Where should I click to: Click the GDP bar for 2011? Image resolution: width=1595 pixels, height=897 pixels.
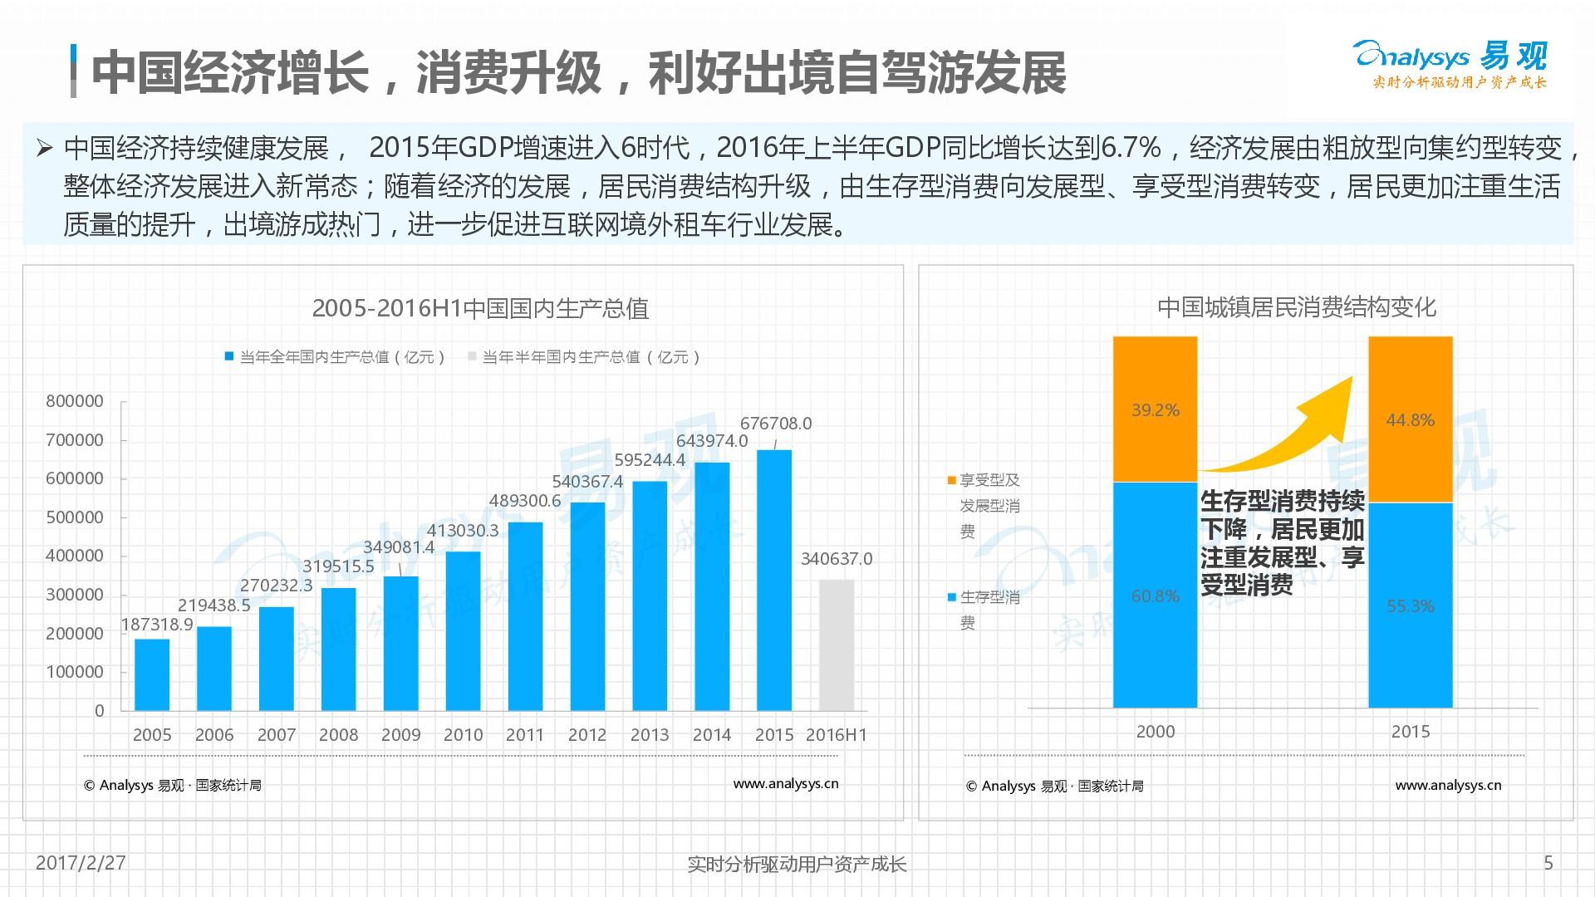[x=525, y=616]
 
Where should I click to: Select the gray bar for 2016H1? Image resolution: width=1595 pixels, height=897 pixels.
[x=837, y=645]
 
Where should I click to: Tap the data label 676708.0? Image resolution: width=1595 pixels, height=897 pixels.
[x=776, y=424]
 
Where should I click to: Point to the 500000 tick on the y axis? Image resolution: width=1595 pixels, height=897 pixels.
[x=75, y=517]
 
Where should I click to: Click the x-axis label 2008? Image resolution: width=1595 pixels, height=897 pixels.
[x=338, y=735]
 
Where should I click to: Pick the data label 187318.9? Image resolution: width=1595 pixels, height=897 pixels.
[x=157, y=625]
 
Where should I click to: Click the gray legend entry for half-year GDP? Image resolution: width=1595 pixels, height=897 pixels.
[x=586, y=357]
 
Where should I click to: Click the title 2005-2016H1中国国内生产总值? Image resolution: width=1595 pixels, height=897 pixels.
[x=480, y=308]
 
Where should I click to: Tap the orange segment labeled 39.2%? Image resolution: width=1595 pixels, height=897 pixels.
[x=1155, y=409]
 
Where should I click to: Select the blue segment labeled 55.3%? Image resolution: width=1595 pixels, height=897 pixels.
[x=1410, y=605]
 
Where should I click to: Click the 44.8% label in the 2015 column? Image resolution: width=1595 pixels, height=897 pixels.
[x=1410, y=420]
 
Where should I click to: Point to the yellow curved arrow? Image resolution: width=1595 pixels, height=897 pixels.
[x=1296, y=432]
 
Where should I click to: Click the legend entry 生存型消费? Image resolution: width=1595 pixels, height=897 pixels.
[x=984, y=610]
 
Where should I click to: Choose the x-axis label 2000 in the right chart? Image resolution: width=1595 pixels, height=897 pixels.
[x=1155, y=732]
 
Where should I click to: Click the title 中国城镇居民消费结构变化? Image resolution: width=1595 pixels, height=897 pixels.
[x=1296, y=307]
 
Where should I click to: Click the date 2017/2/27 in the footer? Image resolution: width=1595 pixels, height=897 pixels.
[x=81, y=863]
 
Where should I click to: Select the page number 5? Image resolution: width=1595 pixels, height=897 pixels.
[x=1548, y=863]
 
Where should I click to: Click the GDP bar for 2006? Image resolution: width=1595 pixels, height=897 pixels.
[x=214, y=669]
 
